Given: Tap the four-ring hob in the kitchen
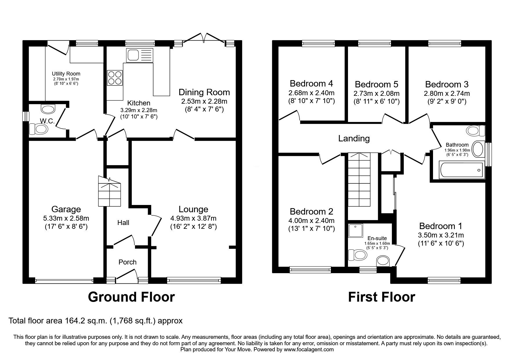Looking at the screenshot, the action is (115, 78).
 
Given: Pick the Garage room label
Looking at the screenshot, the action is (66, 209).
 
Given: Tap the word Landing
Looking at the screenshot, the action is (354, 138).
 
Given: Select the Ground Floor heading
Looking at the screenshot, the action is (131, 297).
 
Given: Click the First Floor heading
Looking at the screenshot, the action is (381, 297).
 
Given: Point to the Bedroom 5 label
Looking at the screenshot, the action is (376, 84).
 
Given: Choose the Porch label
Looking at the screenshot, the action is (127, 262).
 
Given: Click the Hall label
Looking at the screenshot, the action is (123, 223).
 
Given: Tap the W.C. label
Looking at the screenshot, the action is (48, 121).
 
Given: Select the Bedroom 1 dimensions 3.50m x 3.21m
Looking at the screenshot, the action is (441, 235).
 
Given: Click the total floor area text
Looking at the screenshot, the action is (95, 321).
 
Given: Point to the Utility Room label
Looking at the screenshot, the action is (66, 74).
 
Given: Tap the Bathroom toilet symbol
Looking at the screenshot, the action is (475, 131).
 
